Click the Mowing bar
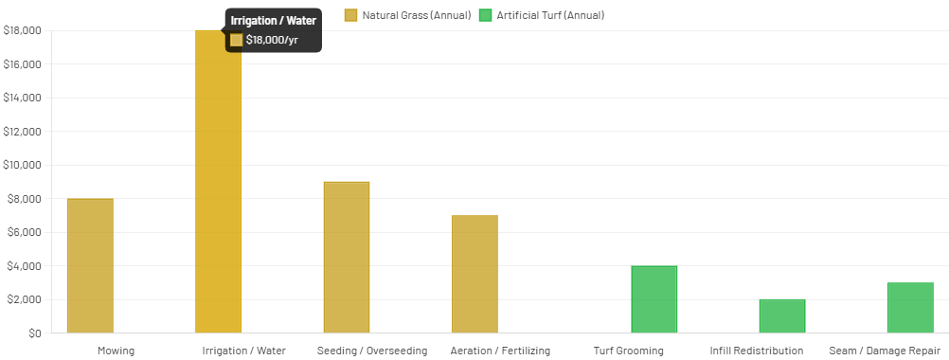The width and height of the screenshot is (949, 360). pyautogui.click(x=91, y=265)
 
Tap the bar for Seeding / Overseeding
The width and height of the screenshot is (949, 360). pyautogui.click(x=347, y=257)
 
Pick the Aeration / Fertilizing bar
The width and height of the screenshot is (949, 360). pyautogui.click(x=474, y=274)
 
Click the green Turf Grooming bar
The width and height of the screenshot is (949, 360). pyautogui.click(x=654, y=299)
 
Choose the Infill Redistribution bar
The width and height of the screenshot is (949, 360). pyautogui.click(x=782, y=316)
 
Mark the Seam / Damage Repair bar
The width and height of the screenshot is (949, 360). pyautogui.click(x=910, y=308)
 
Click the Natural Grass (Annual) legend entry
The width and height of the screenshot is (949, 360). pyautogui.click(x=407, y=15)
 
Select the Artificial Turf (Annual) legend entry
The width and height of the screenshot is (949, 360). pyautogui.click(x=541, y=15)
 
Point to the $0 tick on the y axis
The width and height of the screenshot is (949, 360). pyautogui.click(x=34, y=333)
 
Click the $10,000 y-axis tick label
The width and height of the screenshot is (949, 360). pyautogui.click(x=23, y=165)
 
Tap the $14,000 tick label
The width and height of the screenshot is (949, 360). pyautogui.click(x=23, y=98)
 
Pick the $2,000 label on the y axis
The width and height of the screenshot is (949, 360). pyautogui.click(x=23, y=299)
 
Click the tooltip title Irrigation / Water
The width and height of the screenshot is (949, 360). pyautogui.click(x=274, y=21)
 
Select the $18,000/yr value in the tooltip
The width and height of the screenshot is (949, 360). pyautogui.click(x=272, y=40)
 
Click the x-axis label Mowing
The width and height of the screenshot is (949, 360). pyautogui.click(x=116, y=351)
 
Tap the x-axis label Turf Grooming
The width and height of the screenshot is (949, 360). pyautogui.click(x=629, y=351)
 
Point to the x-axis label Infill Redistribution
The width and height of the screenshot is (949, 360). pyautogui.click(x=756, y=351)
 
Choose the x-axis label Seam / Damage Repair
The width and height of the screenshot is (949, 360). pyautogui.click(x=885, y=351)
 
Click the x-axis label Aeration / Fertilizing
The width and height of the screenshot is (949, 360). pyautogui.click(x=500, y=351)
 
